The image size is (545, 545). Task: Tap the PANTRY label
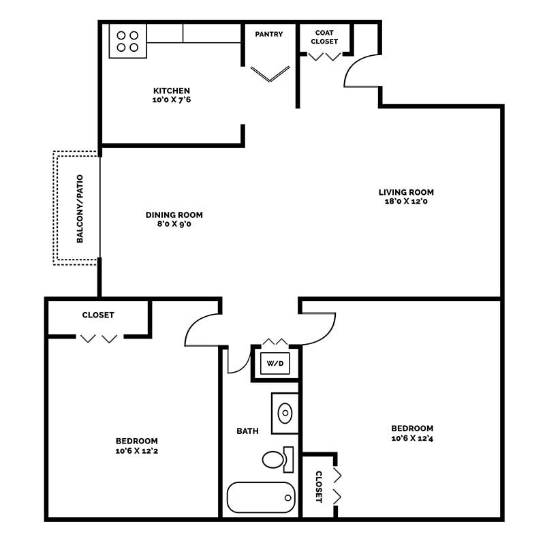point(269,34)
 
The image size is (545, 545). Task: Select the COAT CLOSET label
point(324,37)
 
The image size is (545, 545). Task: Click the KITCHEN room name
point(171,91)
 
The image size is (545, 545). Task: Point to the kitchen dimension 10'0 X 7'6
point(171,100)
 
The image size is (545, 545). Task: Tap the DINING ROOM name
point(174,215)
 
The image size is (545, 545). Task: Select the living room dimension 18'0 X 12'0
point(406,202)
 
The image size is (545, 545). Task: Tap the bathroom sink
point(285,413)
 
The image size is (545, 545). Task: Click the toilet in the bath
point(275,460)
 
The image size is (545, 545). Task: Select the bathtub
point(261,498)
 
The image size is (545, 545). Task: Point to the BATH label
point(247,431)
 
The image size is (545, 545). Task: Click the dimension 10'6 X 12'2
point(136,450)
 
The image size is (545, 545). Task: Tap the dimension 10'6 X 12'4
point(412,438)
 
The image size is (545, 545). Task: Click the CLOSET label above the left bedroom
point(98,315)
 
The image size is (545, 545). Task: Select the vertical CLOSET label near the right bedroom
point(318,486)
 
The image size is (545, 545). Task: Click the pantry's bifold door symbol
point(270,74)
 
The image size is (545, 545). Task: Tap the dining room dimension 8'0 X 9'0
point(174,224)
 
